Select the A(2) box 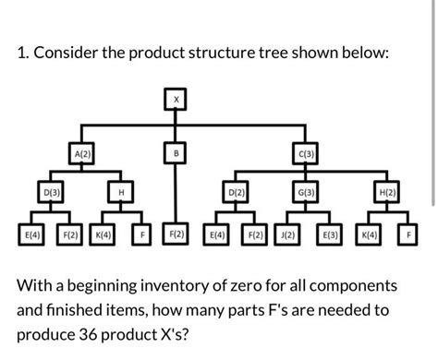(x=82, y=152)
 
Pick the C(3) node (x=305, y=152)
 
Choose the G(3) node (x=305, y=193)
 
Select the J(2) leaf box (x=288, y=234)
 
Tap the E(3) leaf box (x=331, y=234)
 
